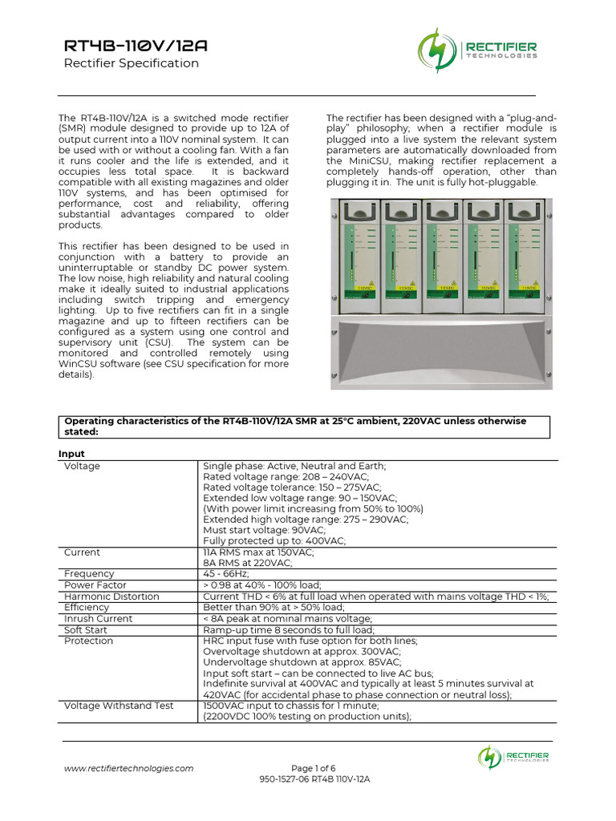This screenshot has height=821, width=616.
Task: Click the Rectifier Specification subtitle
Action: [132, 63]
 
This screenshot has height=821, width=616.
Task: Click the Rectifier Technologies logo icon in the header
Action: [436, 50]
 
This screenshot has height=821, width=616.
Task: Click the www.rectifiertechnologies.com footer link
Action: [128, 768]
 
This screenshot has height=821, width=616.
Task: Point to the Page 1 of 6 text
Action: [314, 768]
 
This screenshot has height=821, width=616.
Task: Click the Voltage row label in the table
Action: [82, 466]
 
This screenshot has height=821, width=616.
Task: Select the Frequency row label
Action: [89, 574]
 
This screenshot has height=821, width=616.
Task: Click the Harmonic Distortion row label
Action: [111, 597]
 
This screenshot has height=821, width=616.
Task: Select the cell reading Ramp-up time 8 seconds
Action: [289, 629]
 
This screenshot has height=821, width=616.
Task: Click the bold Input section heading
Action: [71, 454]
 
